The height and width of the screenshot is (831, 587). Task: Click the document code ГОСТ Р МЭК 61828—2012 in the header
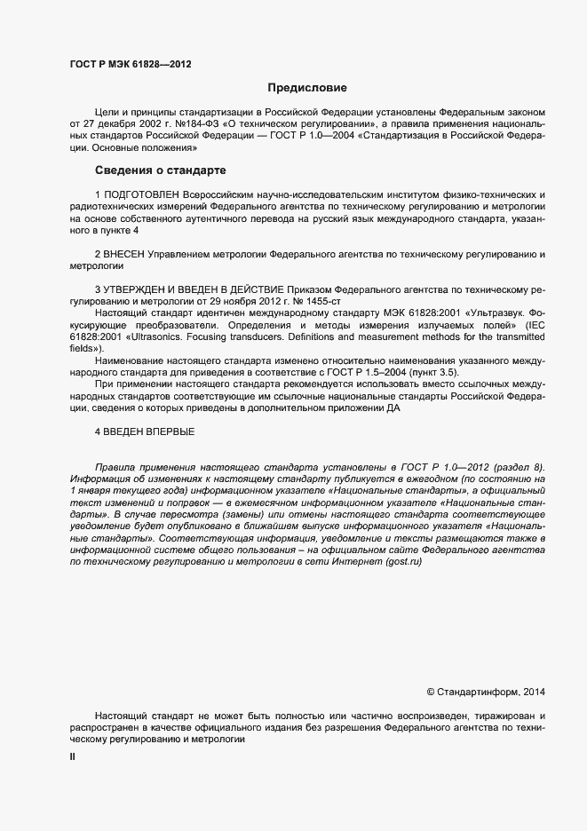[x=130, y=64]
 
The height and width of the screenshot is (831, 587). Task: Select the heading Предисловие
[x=307, y=88]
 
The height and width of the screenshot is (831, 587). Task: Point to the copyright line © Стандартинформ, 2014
[x=487, y=691]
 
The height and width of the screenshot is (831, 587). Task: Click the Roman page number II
[x=73, y=756]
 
